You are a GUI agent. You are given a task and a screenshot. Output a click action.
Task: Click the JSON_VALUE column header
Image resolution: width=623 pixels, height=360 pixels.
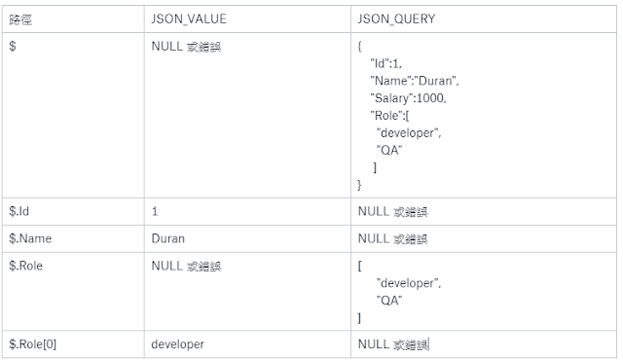[187, 19]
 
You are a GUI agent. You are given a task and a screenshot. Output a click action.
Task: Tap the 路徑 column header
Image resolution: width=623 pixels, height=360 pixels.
[20, 19]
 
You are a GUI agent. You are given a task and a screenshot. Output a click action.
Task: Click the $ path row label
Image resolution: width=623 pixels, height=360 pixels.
[12, 46]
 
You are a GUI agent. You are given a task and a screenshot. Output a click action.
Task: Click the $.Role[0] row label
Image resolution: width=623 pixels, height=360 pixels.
[32, 343]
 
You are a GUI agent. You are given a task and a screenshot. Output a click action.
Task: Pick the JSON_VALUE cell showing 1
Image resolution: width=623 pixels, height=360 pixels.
[155, 210]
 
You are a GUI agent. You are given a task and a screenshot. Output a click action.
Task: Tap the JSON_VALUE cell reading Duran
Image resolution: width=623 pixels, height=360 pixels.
[168, 237]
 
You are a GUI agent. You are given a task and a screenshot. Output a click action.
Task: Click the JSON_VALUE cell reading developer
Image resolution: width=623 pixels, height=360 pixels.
[179, 343]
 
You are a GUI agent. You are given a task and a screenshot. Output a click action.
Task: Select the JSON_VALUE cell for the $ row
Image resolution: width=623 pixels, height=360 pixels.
[186, 46]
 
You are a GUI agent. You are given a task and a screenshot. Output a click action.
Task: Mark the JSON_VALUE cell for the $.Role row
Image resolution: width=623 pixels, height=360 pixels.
[186, 265]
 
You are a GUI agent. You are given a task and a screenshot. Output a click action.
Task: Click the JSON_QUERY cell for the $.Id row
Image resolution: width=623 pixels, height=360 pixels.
[392, 210]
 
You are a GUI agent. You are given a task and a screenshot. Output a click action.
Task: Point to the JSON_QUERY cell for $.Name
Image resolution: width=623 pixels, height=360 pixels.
[392, 237]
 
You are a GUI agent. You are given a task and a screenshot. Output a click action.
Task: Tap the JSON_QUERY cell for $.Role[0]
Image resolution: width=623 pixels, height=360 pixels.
[392, 343]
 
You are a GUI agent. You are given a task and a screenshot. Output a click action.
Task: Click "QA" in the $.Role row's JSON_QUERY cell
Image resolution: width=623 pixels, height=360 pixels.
[389, 301]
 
